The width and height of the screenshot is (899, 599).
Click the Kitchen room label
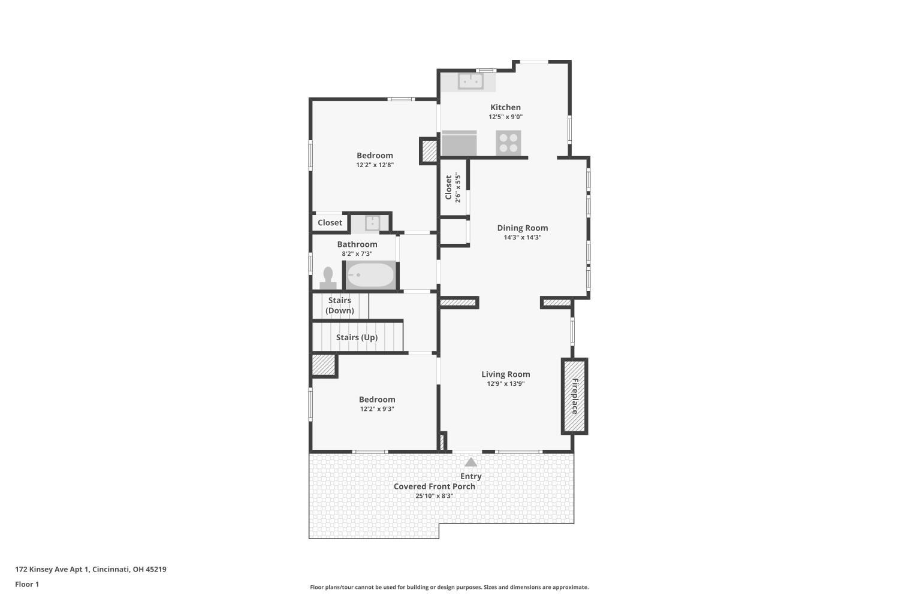[505, 107]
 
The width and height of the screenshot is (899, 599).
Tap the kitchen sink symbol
[470, 81]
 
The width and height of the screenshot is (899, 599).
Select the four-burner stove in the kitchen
[508, 143]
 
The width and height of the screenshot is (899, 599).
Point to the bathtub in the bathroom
[370, 275]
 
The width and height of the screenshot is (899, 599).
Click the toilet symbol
[328, 277]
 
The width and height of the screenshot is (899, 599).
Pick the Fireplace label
[575, 396]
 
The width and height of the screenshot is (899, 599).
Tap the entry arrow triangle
[470, 462]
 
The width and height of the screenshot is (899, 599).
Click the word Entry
[470, 476]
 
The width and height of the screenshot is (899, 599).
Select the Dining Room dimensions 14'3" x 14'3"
[523, 237]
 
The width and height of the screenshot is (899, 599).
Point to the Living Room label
[506, 374]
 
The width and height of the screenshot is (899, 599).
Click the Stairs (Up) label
[357, 337]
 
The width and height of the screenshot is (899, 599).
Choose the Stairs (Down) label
[340, 305]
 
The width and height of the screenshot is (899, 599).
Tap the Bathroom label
[357, 244]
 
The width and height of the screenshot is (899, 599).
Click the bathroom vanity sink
[372, 223]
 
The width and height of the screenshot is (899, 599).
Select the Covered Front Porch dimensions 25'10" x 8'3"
[435, 496]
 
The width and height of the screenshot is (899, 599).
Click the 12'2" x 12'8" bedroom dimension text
[375, 165]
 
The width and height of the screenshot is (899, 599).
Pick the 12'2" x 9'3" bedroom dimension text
[377, 409]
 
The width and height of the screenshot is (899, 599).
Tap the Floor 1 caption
[27, 584]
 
